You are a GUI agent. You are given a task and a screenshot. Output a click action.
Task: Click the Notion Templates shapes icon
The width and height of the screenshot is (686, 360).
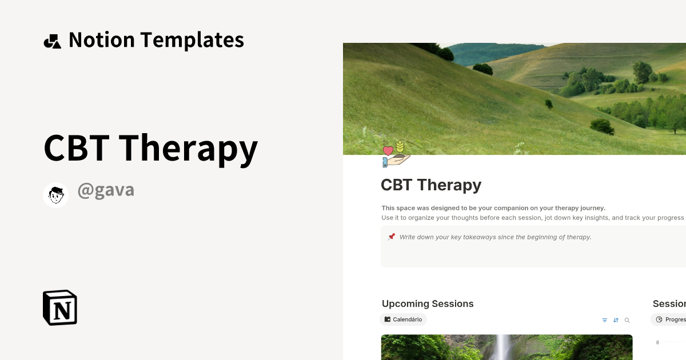[52, 41]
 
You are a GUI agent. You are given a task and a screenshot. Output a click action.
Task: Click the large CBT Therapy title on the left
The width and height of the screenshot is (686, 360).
[150, 147]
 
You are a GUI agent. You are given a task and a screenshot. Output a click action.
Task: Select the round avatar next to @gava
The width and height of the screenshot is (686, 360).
[56, 195]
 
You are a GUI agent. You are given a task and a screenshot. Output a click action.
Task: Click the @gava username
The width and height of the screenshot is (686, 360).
[106, 190]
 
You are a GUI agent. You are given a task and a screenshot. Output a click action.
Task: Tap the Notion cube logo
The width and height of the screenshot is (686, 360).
[60, 307]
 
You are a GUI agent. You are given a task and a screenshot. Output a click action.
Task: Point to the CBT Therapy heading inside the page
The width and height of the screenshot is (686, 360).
[431, 185]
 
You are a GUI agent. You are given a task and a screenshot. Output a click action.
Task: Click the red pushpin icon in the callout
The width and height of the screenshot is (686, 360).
[392, 237]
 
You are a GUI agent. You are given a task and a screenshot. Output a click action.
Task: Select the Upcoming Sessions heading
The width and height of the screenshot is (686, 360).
[428, 304]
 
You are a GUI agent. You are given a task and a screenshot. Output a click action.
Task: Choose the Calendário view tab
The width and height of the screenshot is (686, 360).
[404, 319]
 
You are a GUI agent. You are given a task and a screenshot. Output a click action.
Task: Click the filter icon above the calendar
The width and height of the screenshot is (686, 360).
[605, 321]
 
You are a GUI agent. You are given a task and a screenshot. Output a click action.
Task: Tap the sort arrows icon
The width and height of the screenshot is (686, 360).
[616, 321]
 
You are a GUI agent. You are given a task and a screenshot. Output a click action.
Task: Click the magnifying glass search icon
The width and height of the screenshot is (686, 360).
[627, 321]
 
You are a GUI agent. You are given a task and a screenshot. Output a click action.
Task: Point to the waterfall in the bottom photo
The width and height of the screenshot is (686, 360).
[504, 347]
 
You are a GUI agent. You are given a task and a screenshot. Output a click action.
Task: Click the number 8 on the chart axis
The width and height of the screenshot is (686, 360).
[657, 342]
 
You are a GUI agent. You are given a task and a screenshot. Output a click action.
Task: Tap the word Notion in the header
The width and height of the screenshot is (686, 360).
[102, 40]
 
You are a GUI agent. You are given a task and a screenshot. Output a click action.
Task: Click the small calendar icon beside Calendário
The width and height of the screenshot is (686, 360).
[388, 319]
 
